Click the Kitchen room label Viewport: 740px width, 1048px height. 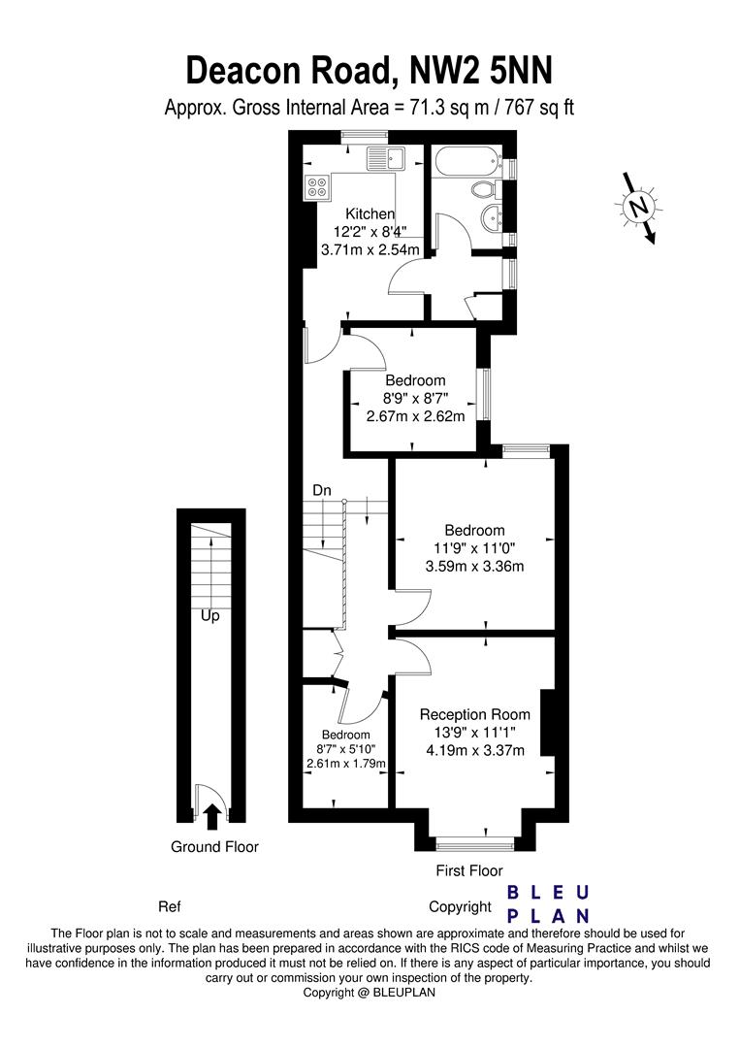370,214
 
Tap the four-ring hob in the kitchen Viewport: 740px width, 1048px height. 317,187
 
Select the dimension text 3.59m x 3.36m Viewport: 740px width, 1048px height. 474,566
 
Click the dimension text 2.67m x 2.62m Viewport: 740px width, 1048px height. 415,416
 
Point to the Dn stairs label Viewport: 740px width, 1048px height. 322,491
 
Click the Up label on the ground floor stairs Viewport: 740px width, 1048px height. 209,615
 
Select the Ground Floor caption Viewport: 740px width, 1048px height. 214,846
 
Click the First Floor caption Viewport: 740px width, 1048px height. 469,870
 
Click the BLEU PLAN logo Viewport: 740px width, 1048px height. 550,903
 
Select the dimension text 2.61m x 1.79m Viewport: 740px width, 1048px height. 346,764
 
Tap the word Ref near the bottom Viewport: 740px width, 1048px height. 170,907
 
